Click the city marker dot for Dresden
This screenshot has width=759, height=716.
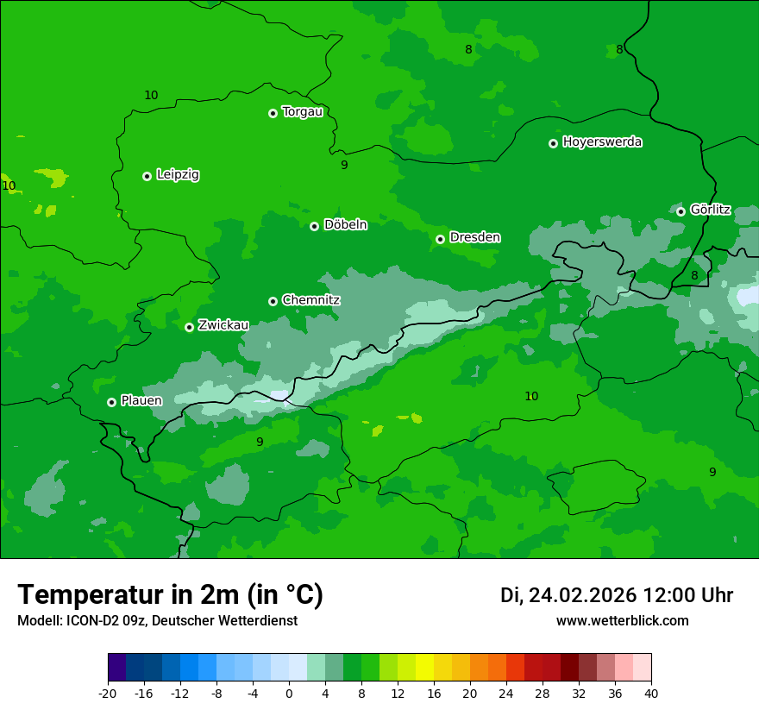point(440,239)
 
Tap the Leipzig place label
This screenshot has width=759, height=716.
point(178,175)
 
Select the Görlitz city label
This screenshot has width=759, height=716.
point(711,210)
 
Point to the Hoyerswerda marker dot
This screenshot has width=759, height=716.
point(553,143)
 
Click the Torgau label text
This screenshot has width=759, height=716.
point(302,112)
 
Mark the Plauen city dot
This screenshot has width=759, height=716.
point(111,402)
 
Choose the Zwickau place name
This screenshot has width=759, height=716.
point(223,326)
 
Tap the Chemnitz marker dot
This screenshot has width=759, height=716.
point(273,301)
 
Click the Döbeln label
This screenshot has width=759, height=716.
point(345,225)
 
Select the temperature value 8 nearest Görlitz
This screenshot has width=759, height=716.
point(694,275)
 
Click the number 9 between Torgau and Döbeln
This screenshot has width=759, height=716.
point(344,165)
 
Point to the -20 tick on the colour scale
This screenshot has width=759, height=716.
point(108,693)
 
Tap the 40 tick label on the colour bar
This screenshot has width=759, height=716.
point(651,693)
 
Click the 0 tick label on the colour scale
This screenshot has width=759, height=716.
point(289,693)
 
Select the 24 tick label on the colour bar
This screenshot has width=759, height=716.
point(506,693)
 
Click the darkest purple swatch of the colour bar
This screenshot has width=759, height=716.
point(116,668)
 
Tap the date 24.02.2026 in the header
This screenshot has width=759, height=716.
point(582,595)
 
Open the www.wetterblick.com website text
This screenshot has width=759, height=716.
point(622,621)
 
